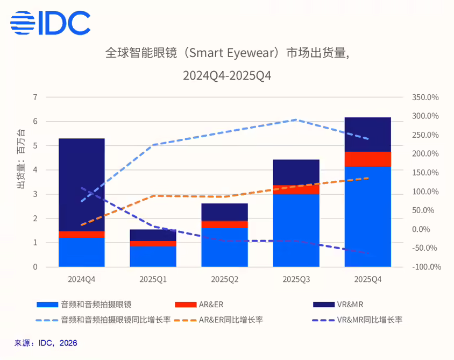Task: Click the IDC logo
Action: pos(50,23)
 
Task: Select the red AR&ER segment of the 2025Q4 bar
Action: pos(367,159)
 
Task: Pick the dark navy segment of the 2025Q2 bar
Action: pos(224,212)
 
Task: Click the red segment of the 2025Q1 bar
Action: pos(153,244)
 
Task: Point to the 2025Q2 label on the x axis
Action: pos(224,279)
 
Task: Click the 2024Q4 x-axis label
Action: pos(81,279)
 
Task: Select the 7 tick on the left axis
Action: pos(35,97)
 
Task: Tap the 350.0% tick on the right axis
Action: pos(426,97)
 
